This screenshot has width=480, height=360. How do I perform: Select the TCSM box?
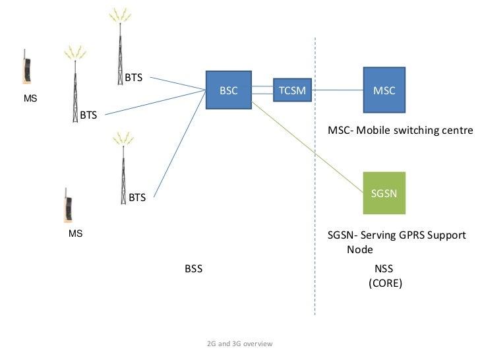[292, 91]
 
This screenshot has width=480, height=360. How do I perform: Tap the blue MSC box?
[384, 91]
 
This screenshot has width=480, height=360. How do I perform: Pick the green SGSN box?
[384, 193]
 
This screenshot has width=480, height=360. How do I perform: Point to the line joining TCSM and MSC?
[338, 91]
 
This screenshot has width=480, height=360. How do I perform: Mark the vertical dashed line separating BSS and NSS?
[315, 198]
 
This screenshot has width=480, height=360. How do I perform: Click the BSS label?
[193, 269]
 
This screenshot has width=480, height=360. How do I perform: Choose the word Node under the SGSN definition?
[360, 250]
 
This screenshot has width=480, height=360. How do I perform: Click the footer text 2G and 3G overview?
[239, 344]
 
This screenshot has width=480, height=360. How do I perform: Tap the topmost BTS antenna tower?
[120, 46]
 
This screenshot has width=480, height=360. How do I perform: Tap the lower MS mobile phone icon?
[67, 207]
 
